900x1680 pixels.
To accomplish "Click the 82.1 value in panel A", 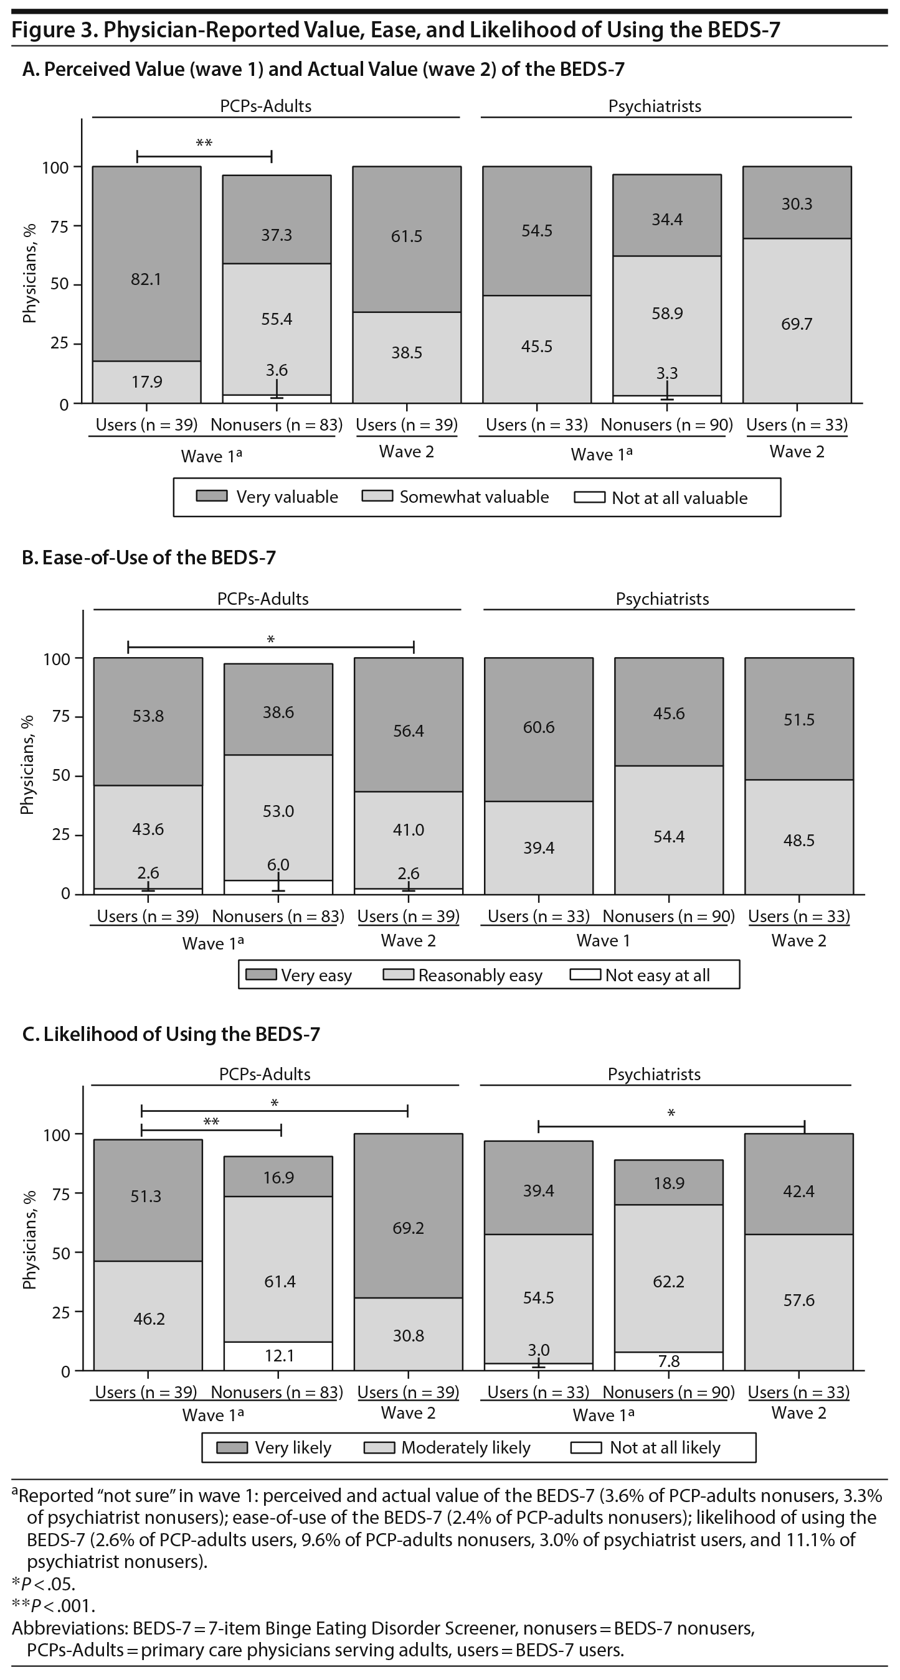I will (146, 279).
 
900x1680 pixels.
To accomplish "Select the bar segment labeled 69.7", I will (796, 324).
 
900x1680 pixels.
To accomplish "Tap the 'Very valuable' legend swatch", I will (212, 497).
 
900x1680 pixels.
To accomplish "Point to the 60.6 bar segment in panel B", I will (538, 727).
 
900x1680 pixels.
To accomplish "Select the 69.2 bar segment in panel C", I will (409, 1228).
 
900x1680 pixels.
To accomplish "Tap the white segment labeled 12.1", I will (278, 1355).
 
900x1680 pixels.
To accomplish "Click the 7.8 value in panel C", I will (669, 1360).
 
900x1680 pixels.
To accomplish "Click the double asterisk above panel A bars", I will (204, 144).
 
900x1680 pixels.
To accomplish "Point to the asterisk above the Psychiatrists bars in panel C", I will (671, 1114).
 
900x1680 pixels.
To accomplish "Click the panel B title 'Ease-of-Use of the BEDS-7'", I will (149, 558).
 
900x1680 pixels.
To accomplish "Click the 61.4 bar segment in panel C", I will (279, 1281).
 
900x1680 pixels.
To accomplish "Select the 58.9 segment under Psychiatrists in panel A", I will (667, 313).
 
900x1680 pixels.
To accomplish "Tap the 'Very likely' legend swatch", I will (232, 1447).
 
